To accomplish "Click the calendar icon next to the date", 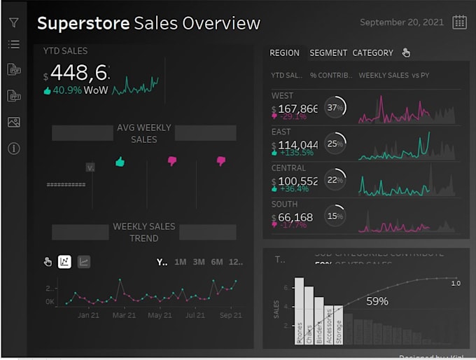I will (459, 22).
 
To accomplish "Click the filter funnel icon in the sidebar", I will (13, 22).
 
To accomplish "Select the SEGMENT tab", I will (328, 53).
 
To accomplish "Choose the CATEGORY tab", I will (372, 53).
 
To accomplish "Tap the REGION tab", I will (284, 53).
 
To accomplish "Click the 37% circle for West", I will (335, 108).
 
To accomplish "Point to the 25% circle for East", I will (335, 144).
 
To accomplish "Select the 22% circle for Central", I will (335, 180).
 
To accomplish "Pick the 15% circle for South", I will (335, 216).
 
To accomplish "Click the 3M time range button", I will (199, 262).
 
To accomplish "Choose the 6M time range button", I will (217, 262).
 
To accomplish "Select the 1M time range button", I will (181, 262).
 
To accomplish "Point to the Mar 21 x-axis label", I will (124, 315).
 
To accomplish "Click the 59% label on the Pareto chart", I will (377, 301).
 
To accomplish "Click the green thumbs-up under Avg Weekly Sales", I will (120, 162).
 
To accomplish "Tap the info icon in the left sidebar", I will (13, 148).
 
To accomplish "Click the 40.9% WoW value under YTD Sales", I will (66, 90).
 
